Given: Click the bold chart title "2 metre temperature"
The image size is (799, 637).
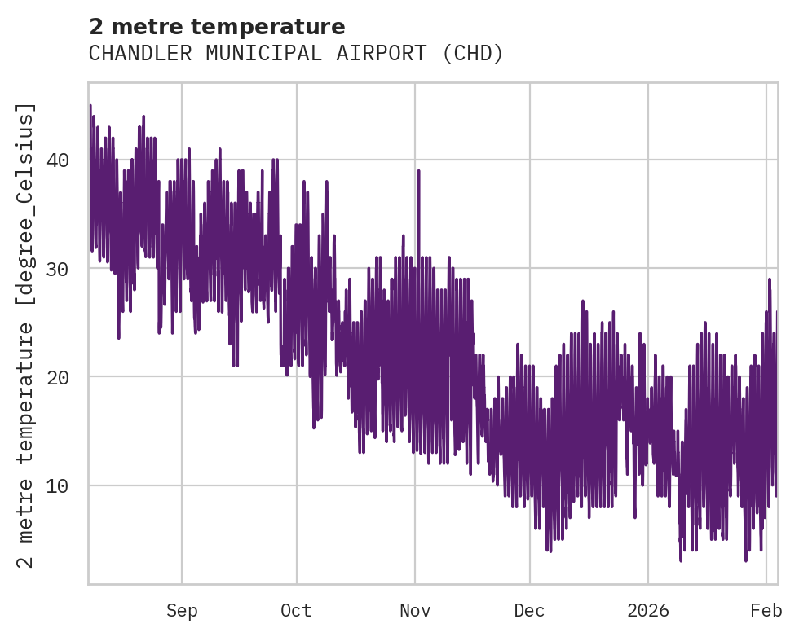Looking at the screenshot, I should coord(217,27).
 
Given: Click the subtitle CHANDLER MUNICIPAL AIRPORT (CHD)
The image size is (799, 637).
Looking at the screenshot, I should coord(296,54).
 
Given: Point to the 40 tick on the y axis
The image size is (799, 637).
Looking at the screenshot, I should coord(56,160).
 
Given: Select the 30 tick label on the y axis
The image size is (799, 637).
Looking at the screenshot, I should coord(56,269).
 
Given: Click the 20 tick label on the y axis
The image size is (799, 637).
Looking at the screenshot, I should coord(56,377).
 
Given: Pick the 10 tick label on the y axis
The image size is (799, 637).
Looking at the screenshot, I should coord(56,486).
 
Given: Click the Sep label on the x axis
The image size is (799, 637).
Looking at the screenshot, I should coord(182,611).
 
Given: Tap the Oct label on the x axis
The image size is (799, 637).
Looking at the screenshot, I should coord(296,611).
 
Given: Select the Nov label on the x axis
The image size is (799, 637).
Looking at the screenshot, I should coord(414,611).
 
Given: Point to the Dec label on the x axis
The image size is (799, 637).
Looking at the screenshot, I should coord(529,611).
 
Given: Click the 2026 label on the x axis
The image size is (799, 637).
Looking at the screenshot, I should coord(647,611).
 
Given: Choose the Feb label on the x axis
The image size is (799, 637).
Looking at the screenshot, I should coord(766,611).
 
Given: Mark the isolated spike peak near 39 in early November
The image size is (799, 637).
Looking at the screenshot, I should coord(418,171).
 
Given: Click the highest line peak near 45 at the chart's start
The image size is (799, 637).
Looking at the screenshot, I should coord(90,106).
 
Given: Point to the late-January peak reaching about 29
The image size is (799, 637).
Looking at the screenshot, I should coord(769,279).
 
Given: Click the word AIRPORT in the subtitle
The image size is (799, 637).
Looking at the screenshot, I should coord(377,54).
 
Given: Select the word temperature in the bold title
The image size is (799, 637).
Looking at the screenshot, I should coord(277,27).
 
